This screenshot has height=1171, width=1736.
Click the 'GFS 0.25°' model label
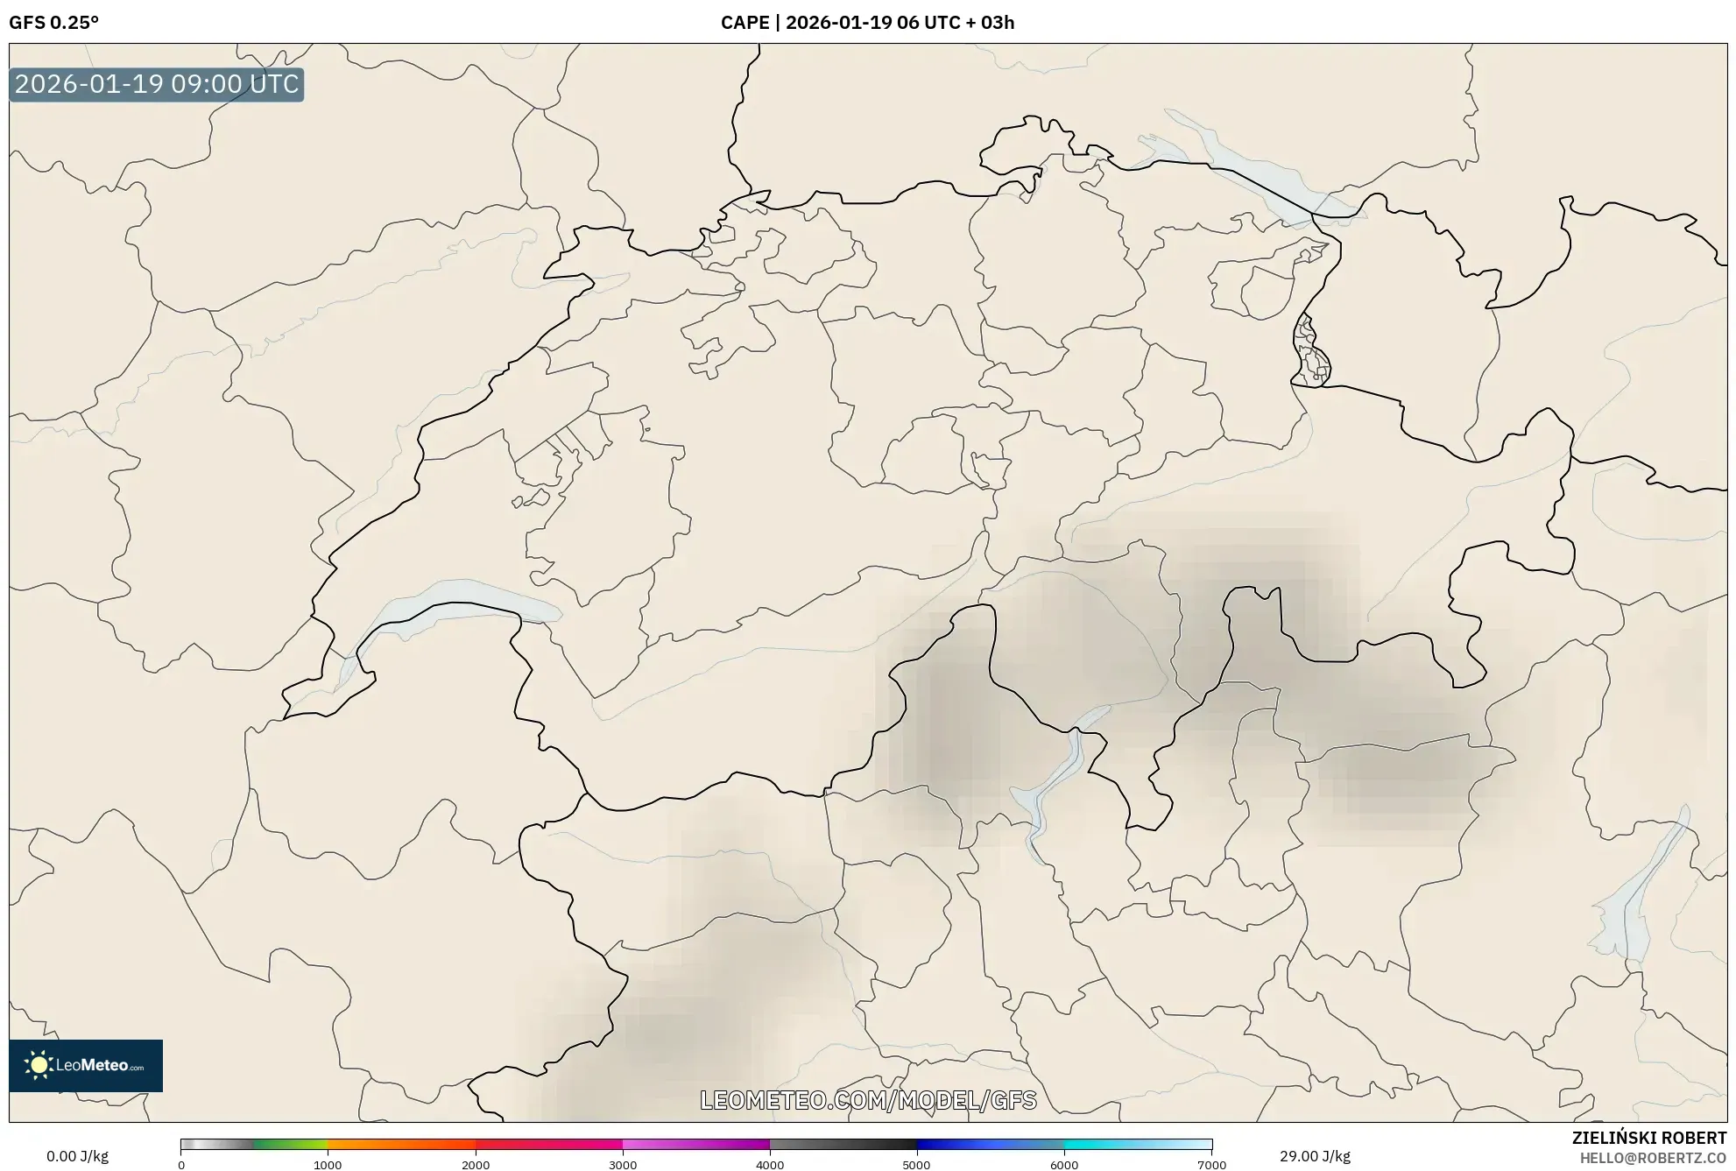[53, 23]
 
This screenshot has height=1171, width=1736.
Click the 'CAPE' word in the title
[745, 23]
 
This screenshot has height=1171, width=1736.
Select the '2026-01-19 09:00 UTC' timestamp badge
[157, 85]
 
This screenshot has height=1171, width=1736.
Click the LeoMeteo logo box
[86, 1065]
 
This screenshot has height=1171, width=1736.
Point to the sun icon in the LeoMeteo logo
[39, 1065]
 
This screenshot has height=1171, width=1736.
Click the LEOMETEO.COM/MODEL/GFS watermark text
[868, 1100]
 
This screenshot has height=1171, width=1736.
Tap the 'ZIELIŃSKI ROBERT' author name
[1649, 1138]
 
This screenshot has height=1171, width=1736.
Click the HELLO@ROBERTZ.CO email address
[1653, 1158]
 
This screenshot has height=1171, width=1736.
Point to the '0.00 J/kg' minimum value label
[77, 1156]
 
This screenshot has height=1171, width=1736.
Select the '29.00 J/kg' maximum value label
[1315, 1156]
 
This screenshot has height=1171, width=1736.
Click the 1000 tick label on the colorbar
[328, 1165]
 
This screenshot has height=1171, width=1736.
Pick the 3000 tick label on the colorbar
[623, 1165]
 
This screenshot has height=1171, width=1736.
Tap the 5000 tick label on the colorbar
[917, 1165]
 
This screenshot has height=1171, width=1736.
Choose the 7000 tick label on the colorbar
[1211, 1165]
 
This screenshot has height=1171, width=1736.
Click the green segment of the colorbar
[289, 1144]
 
